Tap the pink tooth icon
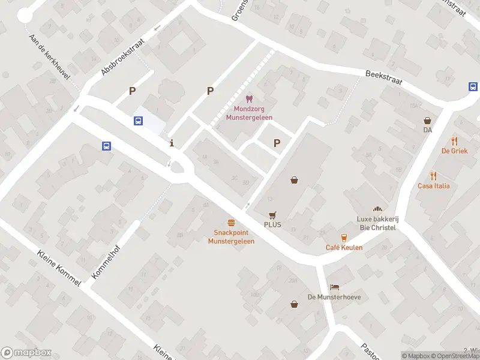(x=249, y=99)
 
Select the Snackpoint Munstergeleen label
(x=231, y=237)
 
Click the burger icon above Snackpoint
(x=231, y=223)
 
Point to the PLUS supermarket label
(x=272, y=225)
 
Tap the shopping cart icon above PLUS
(x=272, y=214)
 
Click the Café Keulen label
(x=344, y=248)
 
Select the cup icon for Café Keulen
(x=344, y=237)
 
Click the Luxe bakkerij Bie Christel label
(x=377, y=223)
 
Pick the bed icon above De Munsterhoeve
(x=334, y=287)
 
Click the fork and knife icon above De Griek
(x=454, y=142)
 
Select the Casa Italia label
(x=434, y=186)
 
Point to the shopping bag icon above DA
(x=427, y=121)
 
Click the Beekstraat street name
(x=383, y=77)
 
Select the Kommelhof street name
(x=106, y=262)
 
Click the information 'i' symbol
(x=173, y=143)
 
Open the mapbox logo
(x=26, y=353)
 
